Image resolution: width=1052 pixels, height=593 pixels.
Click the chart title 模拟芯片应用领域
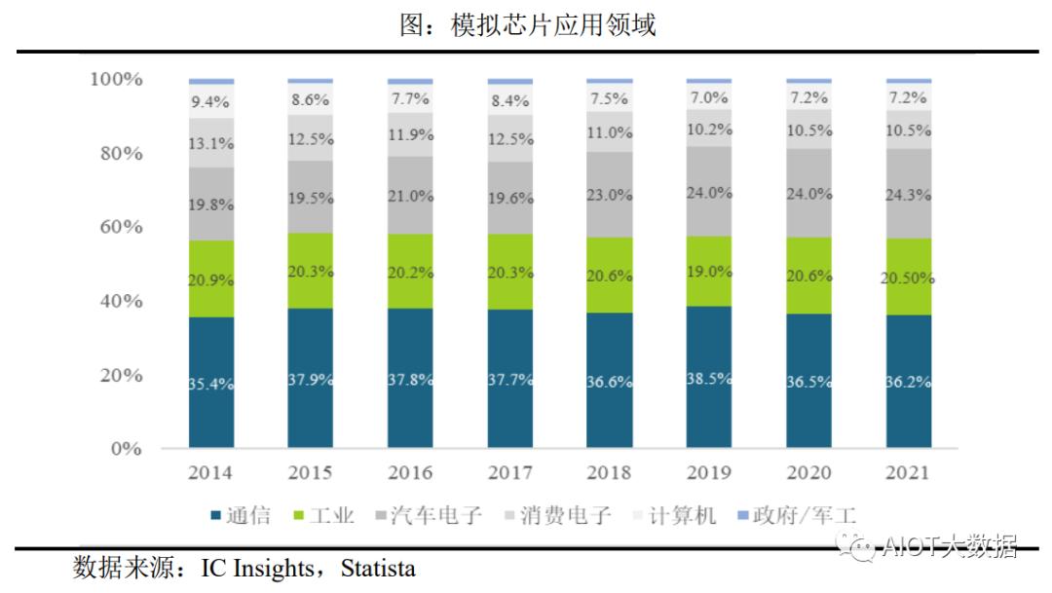[x=527, y=24]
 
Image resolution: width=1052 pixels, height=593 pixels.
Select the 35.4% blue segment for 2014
[x=211, y=383]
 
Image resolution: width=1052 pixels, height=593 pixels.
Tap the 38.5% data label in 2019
[x=709, y=377]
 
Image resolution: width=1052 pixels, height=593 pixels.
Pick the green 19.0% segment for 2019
[x=708, y=272]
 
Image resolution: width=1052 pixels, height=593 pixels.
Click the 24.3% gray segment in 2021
[x=907, y=193]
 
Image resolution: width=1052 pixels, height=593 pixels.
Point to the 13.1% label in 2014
[x=211, y=143]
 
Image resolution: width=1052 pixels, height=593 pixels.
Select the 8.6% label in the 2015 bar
[x=311, y=98]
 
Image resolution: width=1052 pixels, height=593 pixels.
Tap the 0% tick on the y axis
[x=125, y=449]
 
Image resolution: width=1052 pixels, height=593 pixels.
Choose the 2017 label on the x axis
[x=509, y=473]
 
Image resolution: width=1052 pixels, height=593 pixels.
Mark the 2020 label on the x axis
[x=808, y=473]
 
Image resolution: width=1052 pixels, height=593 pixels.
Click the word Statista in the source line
[x=378, y=568]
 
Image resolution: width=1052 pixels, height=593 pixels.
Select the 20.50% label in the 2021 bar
[x=907, y=278]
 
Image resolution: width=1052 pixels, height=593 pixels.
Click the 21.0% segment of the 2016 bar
[x=410, y=196]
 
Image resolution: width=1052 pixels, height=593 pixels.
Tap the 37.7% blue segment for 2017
[x=509, y=380]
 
